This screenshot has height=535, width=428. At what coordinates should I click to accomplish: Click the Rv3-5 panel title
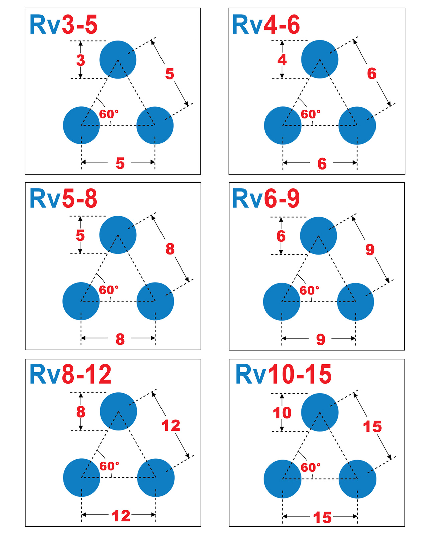pyautogui.click(x=64, y=25)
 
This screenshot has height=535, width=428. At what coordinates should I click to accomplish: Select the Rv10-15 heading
pyautogui.click(x=284, y=374)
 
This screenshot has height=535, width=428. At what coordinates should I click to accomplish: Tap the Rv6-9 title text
pyautogui.click(x=266, y=199)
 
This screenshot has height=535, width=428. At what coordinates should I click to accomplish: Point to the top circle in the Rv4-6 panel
pyautogui.click(x=320, y=59)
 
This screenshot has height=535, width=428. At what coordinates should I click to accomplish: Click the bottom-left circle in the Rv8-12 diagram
pyautogui.click(x=81, y=477)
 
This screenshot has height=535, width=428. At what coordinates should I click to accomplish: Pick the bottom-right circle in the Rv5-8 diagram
pyautogui.click(x=155, y=301)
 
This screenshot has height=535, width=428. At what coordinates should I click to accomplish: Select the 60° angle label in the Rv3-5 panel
pyautogui.click(x=109, y=114)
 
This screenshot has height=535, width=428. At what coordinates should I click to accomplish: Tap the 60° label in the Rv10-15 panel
pyautogui.click(x=311, y=467)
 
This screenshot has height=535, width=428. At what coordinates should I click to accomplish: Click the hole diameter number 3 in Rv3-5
pyautogui.click(x=80, y=60)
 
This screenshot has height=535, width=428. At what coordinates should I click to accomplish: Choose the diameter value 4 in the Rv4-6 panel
pyautogui.click(x=282, y=60)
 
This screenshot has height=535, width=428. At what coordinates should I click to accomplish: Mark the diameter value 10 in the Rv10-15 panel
pyautogui.click(x=282, y=413)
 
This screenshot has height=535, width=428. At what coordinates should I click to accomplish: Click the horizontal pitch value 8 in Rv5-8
pyautogui.click(x=120, y=339)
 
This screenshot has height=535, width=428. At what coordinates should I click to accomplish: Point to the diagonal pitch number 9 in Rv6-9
pyautogui.click(x=370, y=249)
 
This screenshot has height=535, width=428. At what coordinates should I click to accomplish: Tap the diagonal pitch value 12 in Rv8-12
pyautogui.click(x=171, y=426)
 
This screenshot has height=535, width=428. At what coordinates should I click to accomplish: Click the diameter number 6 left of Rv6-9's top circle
pyautogui.click(x=281, y=236)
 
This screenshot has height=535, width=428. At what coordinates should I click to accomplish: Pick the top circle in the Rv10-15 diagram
pyautogui.click(x=320, y=412)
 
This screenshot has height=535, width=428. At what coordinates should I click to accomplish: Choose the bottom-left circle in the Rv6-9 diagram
pyautogui.click(x=282, y=302)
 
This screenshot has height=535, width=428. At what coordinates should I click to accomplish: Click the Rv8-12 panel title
pyautogui.click(x=71, y=374)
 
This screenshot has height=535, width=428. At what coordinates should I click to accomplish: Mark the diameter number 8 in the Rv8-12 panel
pyautogui.click(x=81, y=412)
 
